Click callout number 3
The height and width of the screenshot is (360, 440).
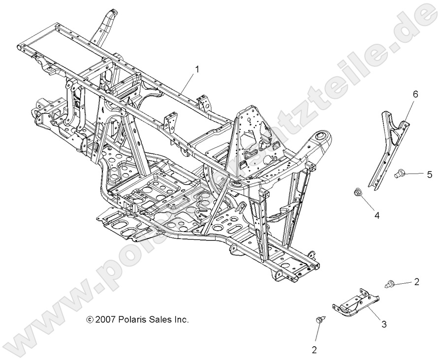click(384, 324)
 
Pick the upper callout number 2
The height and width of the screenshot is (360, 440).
click(416, 282)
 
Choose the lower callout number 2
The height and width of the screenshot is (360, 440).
click(314, 350)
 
